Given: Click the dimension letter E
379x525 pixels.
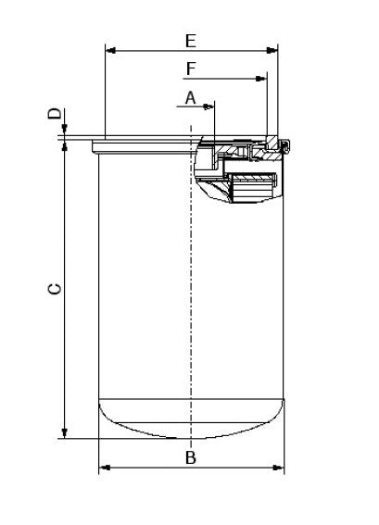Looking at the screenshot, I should tap(190, 40).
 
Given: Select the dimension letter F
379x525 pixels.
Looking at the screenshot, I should tap(190, 69).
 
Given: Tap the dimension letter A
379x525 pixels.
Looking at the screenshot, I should tap(190, 96).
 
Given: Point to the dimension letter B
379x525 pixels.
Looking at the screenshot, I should tap(190, 456).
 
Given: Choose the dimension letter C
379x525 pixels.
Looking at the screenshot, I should tap(55, 290).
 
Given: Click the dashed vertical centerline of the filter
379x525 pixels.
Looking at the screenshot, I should tap(190, 278).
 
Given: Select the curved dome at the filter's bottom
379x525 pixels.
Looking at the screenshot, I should tap(190, 421).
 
